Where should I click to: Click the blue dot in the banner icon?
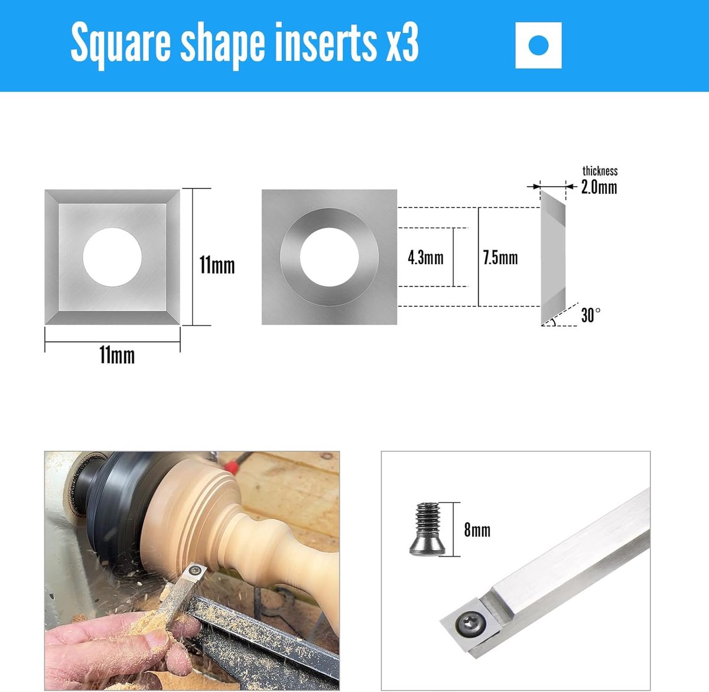(538, 45)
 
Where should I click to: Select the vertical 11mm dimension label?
(217, 265)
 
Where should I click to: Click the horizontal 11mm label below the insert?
(117, 355)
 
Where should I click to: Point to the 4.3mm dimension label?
(425, 258)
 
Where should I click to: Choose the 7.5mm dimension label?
(500, 258)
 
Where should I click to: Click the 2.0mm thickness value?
(599, 187)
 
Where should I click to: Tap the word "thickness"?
(600, 171)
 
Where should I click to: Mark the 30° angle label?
(591, 315)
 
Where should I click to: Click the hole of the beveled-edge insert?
(112, 257)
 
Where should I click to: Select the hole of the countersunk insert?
(329, 257)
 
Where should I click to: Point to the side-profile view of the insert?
(552, 257)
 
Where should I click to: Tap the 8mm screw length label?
(477, 530)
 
